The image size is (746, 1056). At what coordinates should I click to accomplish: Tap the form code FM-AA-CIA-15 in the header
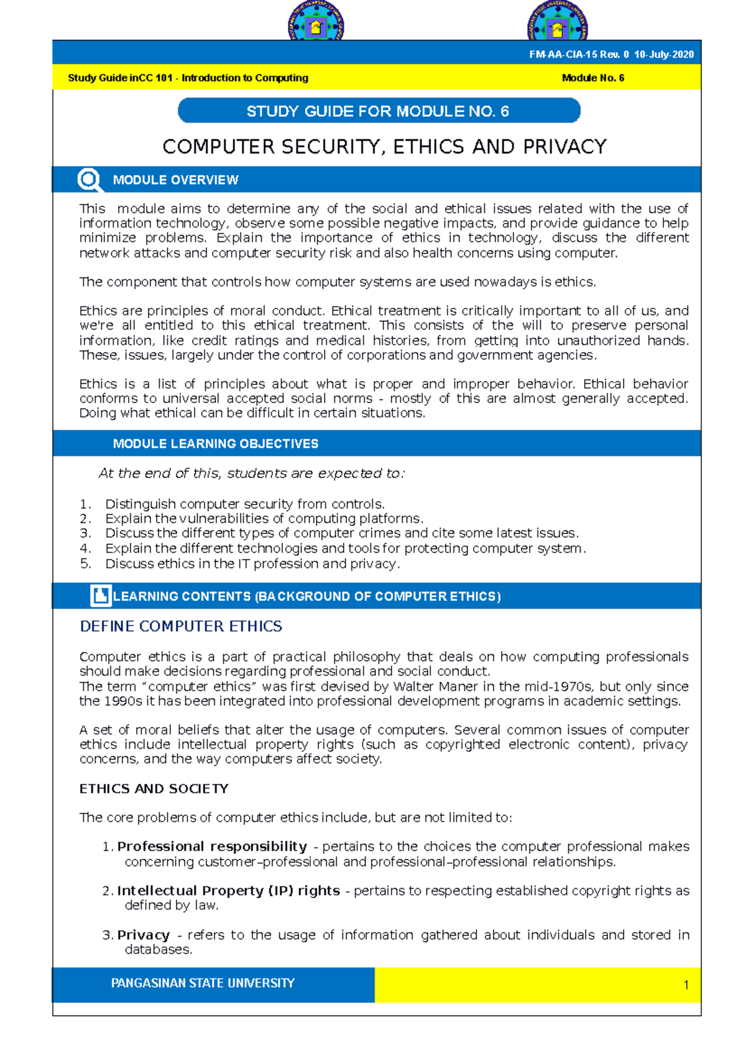point(562,55)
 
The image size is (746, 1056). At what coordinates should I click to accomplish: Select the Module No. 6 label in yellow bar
point(592,78)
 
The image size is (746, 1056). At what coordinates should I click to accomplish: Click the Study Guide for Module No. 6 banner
point(379,111)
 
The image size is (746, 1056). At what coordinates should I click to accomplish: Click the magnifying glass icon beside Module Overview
point(89,180)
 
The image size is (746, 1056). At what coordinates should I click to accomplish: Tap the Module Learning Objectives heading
point(215,444)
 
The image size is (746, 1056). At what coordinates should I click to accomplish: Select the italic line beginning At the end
point(251,474)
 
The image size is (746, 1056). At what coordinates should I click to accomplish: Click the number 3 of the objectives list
point(85,534)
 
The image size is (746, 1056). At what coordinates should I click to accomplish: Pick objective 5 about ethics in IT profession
point(252,564)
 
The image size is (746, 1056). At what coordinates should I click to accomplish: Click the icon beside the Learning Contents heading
point(100,596)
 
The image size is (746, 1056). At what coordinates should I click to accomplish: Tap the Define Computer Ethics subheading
point(181,626)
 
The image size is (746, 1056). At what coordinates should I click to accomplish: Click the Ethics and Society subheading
point(154,789)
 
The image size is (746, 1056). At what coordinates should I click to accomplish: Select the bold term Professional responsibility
point(212,846)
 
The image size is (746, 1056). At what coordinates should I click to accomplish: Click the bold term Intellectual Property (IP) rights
point(228,891)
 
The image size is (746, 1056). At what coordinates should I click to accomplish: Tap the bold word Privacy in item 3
point(143,935)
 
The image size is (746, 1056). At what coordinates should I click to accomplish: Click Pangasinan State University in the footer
point(203,983)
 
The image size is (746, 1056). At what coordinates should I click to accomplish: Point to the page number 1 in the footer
point(686,985)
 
